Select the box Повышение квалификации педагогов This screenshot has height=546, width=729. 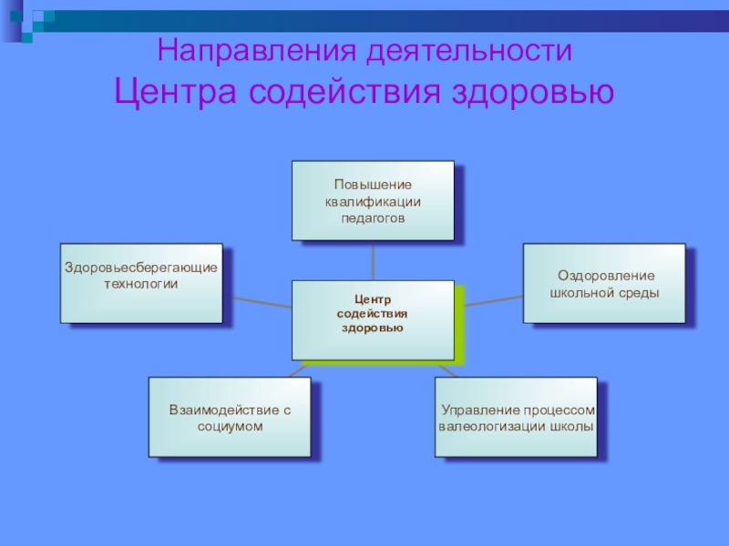coord(373,200)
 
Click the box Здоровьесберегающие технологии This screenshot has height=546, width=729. coord(141,282)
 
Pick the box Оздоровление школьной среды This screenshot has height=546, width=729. coord(604,282)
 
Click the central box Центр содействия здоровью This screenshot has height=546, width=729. coord(373,318)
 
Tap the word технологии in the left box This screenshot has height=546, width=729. coord(141,284)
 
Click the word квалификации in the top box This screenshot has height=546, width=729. coord(373,201)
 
